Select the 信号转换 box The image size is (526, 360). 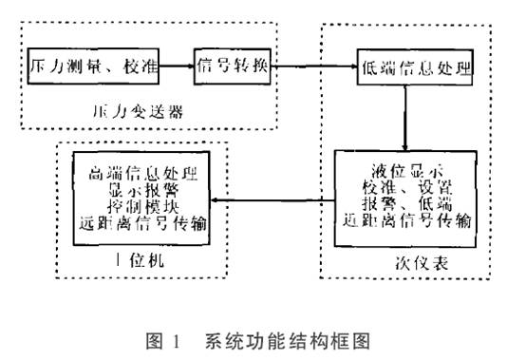click(x=234, y=67)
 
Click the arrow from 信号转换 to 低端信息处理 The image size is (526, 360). click(x=313, y=67)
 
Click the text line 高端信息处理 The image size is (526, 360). click(x=142, y=175)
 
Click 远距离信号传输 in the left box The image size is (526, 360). click(x=142, y=223)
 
